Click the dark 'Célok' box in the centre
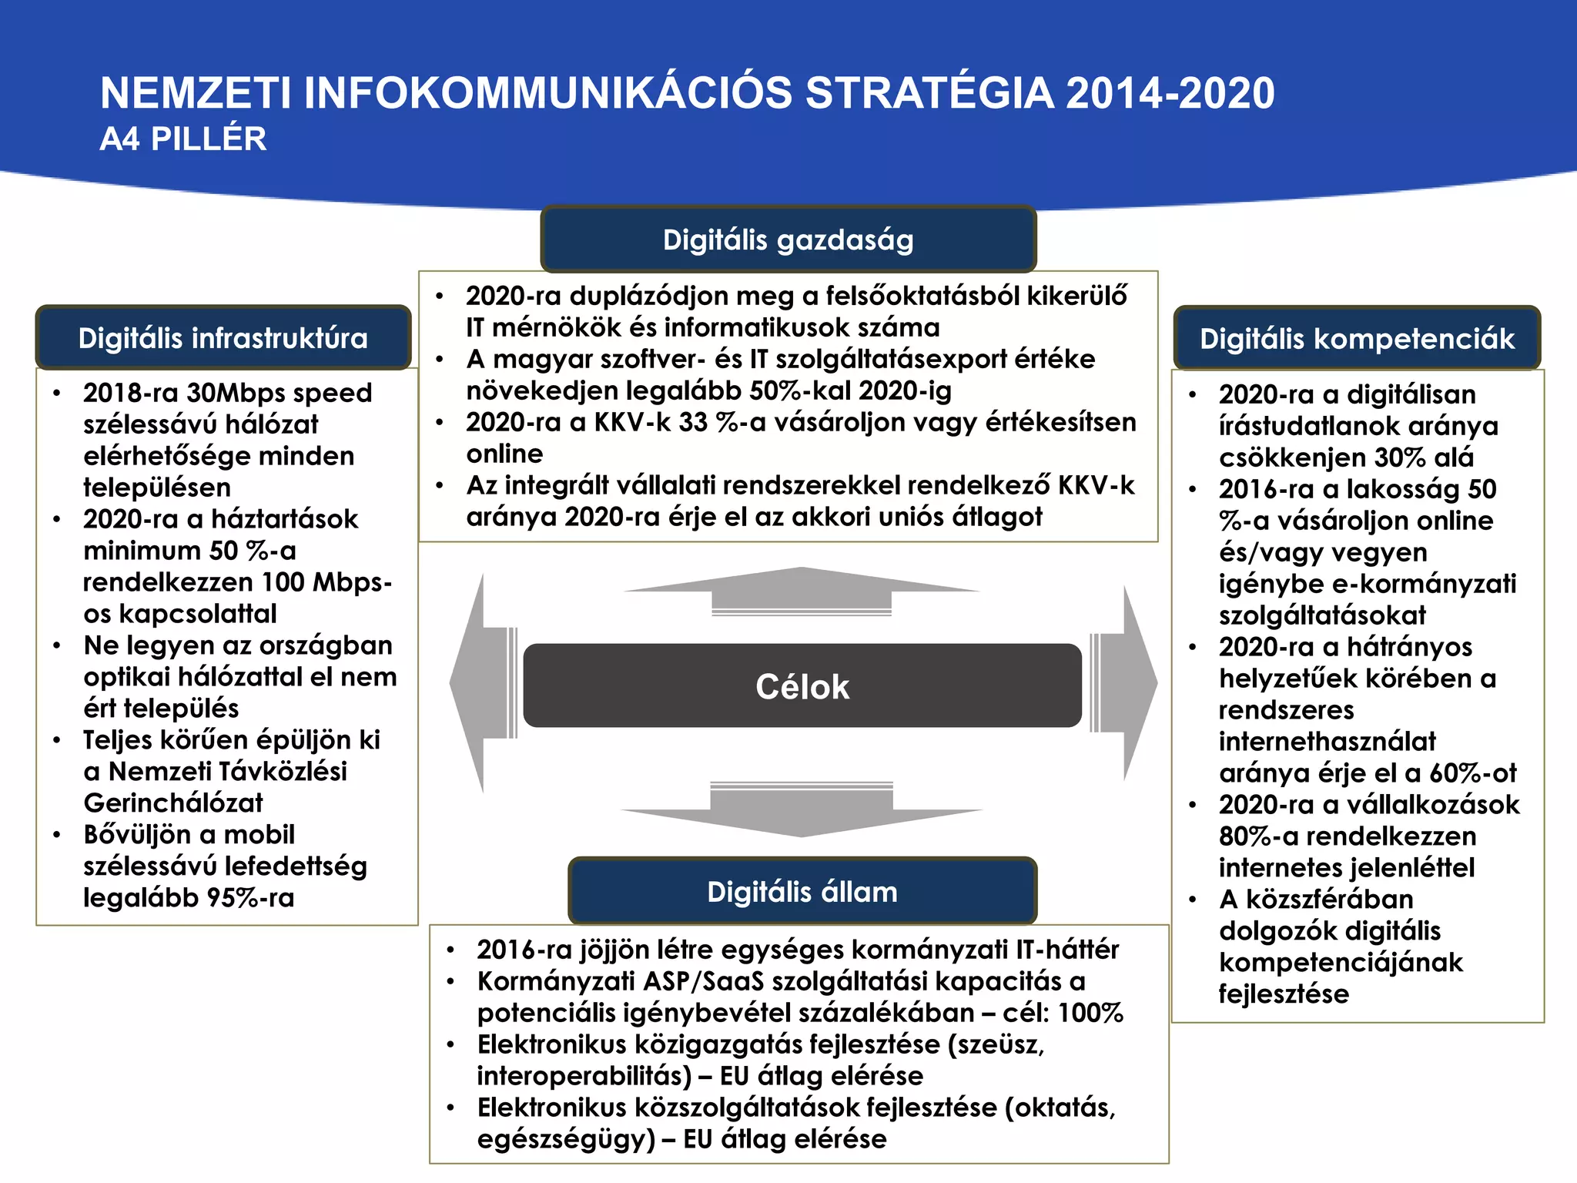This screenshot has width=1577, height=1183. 802,685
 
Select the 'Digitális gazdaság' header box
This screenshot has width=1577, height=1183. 788,240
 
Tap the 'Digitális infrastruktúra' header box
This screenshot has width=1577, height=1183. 223,338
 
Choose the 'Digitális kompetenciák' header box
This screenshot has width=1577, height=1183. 1357,339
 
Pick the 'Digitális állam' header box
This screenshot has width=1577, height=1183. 802,891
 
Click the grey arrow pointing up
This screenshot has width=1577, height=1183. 802,591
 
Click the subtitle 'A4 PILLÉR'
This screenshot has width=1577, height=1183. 183,139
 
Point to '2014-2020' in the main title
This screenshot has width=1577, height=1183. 1170,93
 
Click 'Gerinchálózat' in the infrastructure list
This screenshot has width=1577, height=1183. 173,803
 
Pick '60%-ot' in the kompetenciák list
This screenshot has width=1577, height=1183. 1473,772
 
